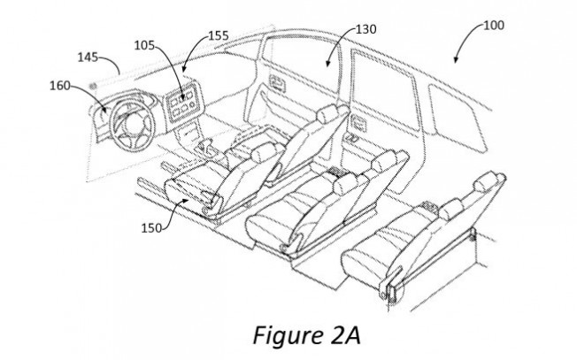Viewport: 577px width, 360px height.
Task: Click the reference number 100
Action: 493,26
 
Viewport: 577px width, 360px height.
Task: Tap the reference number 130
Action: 365,29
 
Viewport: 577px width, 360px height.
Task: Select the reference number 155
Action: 219,35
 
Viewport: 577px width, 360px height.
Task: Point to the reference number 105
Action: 144,45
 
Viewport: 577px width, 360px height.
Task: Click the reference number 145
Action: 88,57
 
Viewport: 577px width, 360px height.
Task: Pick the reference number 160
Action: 60,86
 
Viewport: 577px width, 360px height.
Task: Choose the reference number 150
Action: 151,228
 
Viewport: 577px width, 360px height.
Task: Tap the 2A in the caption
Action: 343,335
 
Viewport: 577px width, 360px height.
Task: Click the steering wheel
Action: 134,123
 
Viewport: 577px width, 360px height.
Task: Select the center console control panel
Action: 181,102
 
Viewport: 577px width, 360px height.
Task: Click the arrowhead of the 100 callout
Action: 456,60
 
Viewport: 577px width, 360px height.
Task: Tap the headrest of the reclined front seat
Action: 328,113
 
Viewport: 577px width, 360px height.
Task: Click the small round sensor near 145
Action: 93,86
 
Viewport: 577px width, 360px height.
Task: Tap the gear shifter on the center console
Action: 205,146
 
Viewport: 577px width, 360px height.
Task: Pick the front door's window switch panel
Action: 278,83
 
